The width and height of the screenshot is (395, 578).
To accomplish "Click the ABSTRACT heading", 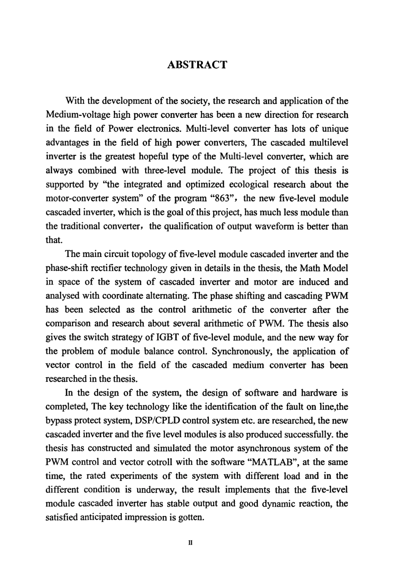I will click(x=197, y=65).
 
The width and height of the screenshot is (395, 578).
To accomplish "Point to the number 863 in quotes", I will click(x=225, y=198).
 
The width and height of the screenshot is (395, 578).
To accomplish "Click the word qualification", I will click(x=174, y=226).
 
